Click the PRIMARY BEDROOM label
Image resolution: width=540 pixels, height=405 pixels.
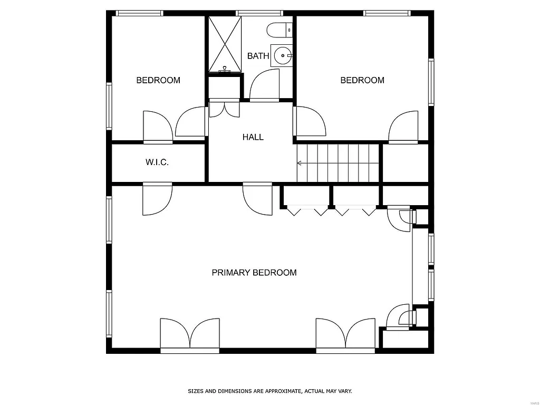coord(254,273)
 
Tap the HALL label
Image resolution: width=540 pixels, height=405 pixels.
coord(253,137)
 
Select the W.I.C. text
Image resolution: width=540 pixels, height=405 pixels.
coord(157,162)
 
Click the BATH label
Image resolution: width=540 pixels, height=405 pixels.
coord(258,56)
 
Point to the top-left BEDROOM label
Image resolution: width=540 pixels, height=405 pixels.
coord(158,80)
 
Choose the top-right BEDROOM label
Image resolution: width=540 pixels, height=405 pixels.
coord(362,80)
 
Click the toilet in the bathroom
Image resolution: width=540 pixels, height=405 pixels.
coord(279,31)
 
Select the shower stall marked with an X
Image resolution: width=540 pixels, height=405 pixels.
coord(225,44)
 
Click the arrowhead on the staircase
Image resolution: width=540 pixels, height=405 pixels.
coord(300,163)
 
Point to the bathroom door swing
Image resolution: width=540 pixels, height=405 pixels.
coord(264,85)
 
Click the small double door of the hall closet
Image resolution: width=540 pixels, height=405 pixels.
coord(225,108)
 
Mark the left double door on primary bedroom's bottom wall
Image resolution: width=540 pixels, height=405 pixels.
coord(190,334)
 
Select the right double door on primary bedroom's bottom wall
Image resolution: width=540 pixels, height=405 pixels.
coord(345,334)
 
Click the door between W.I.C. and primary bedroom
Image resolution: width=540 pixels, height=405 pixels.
coord(157,199)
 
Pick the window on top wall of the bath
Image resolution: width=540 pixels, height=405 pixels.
coord(259,13)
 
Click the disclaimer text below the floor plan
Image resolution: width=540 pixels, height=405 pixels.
coord(270,391)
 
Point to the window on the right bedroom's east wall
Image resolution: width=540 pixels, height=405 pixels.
coord(431,82)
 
